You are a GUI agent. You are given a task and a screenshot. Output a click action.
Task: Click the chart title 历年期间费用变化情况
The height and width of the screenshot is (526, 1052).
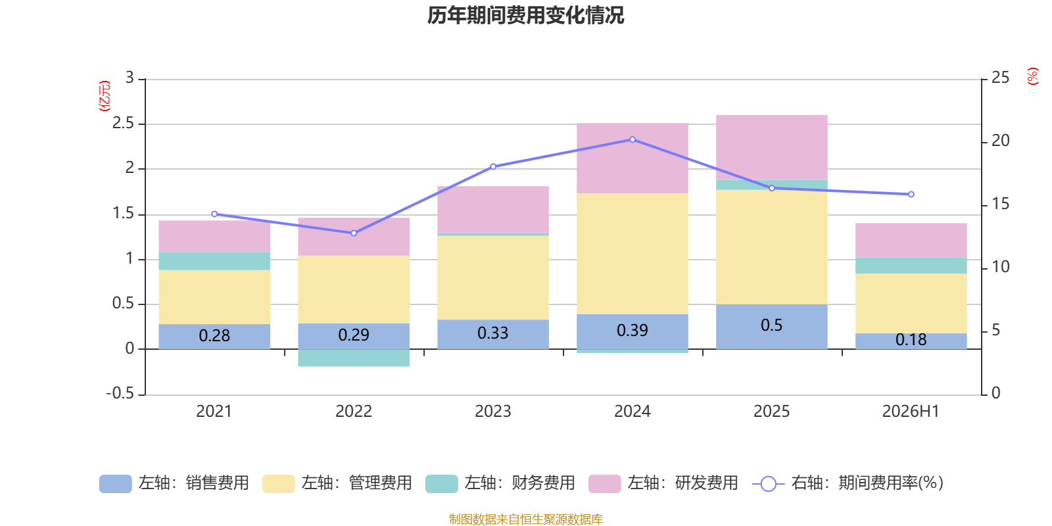tap(525, 15)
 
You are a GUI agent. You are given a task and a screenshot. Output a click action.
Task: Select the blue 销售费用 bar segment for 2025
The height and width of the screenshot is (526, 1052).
tap(772, 327)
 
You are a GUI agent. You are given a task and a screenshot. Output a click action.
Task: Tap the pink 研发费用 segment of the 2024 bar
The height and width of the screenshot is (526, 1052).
tap(633, 158)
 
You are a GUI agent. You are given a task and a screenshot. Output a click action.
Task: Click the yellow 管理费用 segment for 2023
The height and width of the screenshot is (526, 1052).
tap(493, 277)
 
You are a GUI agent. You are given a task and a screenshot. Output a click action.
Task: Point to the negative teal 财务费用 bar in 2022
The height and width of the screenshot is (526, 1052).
tap(354, 358)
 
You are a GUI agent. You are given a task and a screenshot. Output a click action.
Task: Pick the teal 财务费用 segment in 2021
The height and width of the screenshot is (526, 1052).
tap(214, 261)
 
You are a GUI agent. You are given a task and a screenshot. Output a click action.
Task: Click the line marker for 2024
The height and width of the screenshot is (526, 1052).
tap(633, 139)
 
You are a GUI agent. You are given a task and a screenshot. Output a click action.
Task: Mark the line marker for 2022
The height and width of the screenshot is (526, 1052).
tap(354, 233)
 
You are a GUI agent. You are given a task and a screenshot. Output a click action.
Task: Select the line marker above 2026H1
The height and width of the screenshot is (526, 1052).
tap(911, 195)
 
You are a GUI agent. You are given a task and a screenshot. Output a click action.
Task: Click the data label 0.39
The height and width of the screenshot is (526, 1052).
tap(633, 331)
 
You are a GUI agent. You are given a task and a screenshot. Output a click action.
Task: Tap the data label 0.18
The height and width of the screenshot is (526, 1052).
tap(911, 339)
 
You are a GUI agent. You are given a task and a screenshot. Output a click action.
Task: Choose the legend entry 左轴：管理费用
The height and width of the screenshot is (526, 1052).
tap(337, 483)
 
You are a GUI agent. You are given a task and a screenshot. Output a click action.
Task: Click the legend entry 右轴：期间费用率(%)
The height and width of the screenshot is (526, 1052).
tap(848, 483)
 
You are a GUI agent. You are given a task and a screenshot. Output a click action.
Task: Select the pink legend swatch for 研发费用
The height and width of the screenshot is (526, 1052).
tap(604, 484)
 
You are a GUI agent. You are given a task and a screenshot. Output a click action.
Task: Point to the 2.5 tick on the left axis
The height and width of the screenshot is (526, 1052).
tap(123, 124)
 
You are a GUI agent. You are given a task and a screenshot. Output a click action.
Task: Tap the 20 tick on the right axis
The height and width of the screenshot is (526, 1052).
tap(1000, 141)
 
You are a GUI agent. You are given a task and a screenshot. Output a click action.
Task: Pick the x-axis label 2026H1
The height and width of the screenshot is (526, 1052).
tap(911, 412)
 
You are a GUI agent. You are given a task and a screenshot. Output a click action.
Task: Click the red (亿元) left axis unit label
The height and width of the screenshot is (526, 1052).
tap(105, 96)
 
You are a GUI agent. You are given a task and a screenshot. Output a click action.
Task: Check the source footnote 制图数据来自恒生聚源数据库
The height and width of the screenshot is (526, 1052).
tap(525, 519)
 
